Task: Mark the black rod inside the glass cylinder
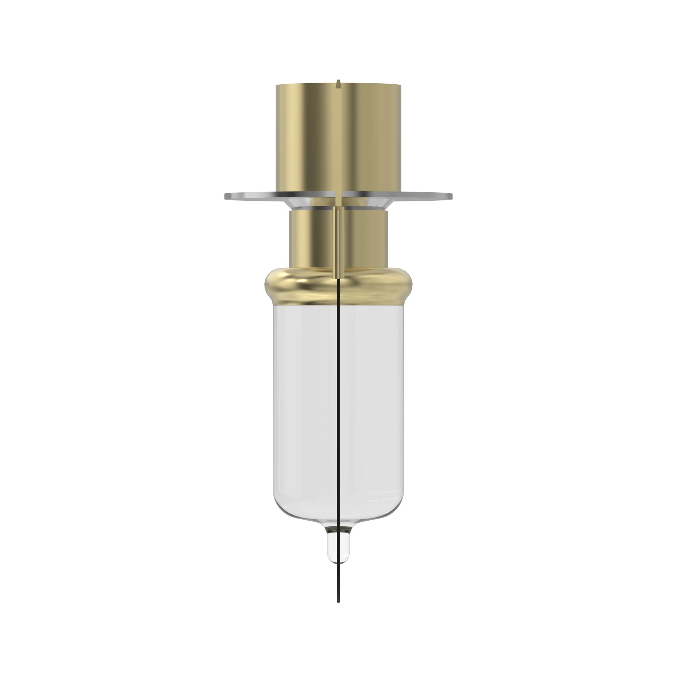[338, 403]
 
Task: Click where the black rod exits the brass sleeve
[338, 279]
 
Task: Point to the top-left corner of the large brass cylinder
[277, 86]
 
